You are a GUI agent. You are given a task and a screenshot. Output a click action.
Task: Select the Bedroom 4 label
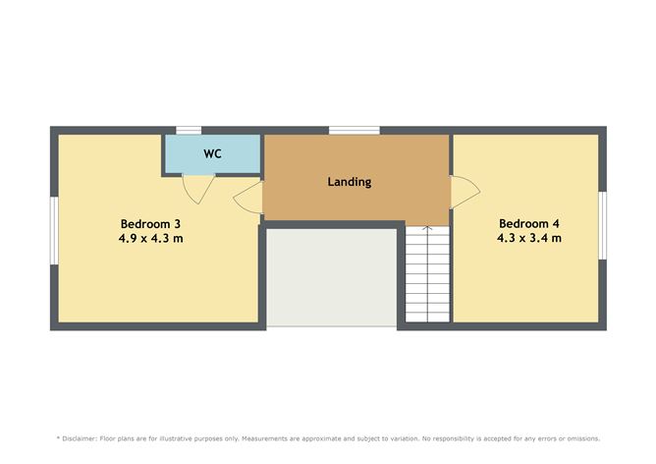click(x=528, y=222)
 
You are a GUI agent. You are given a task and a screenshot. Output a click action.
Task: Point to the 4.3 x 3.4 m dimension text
click(x=528, y=238)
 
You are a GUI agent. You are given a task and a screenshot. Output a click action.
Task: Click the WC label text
click(x=212, y=154)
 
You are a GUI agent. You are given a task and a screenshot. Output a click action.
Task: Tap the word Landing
click(x=349, y=182)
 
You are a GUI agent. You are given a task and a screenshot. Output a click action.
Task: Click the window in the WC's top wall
click(x=189, y=130)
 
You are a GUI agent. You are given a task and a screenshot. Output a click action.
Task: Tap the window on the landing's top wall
click(x=354, y=130)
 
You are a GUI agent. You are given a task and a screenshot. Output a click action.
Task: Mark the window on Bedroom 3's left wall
click(x=54, y=230)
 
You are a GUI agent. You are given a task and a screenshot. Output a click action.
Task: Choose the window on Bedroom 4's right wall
click(x=602, y=225)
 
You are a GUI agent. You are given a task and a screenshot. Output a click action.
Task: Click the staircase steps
click(x=427, y=280)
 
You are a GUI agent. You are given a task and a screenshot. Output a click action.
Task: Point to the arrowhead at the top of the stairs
click(x=427, y=229)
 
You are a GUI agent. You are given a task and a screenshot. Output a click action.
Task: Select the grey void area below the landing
click(x=332, y=277)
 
